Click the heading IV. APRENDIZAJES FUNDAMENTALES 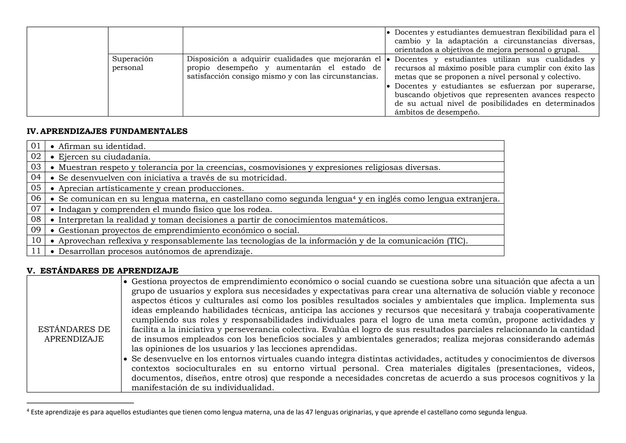107,131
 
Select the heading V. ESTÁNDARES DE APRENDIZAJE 103,271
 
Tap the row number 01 36,146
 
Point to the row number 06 36,198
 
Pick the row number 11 36,251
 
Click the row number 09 36,230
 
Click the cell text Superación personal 132,63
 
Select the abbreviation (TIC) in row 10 457,241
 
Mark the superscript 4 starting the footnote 28,411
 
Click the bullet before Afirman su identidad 53,147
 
